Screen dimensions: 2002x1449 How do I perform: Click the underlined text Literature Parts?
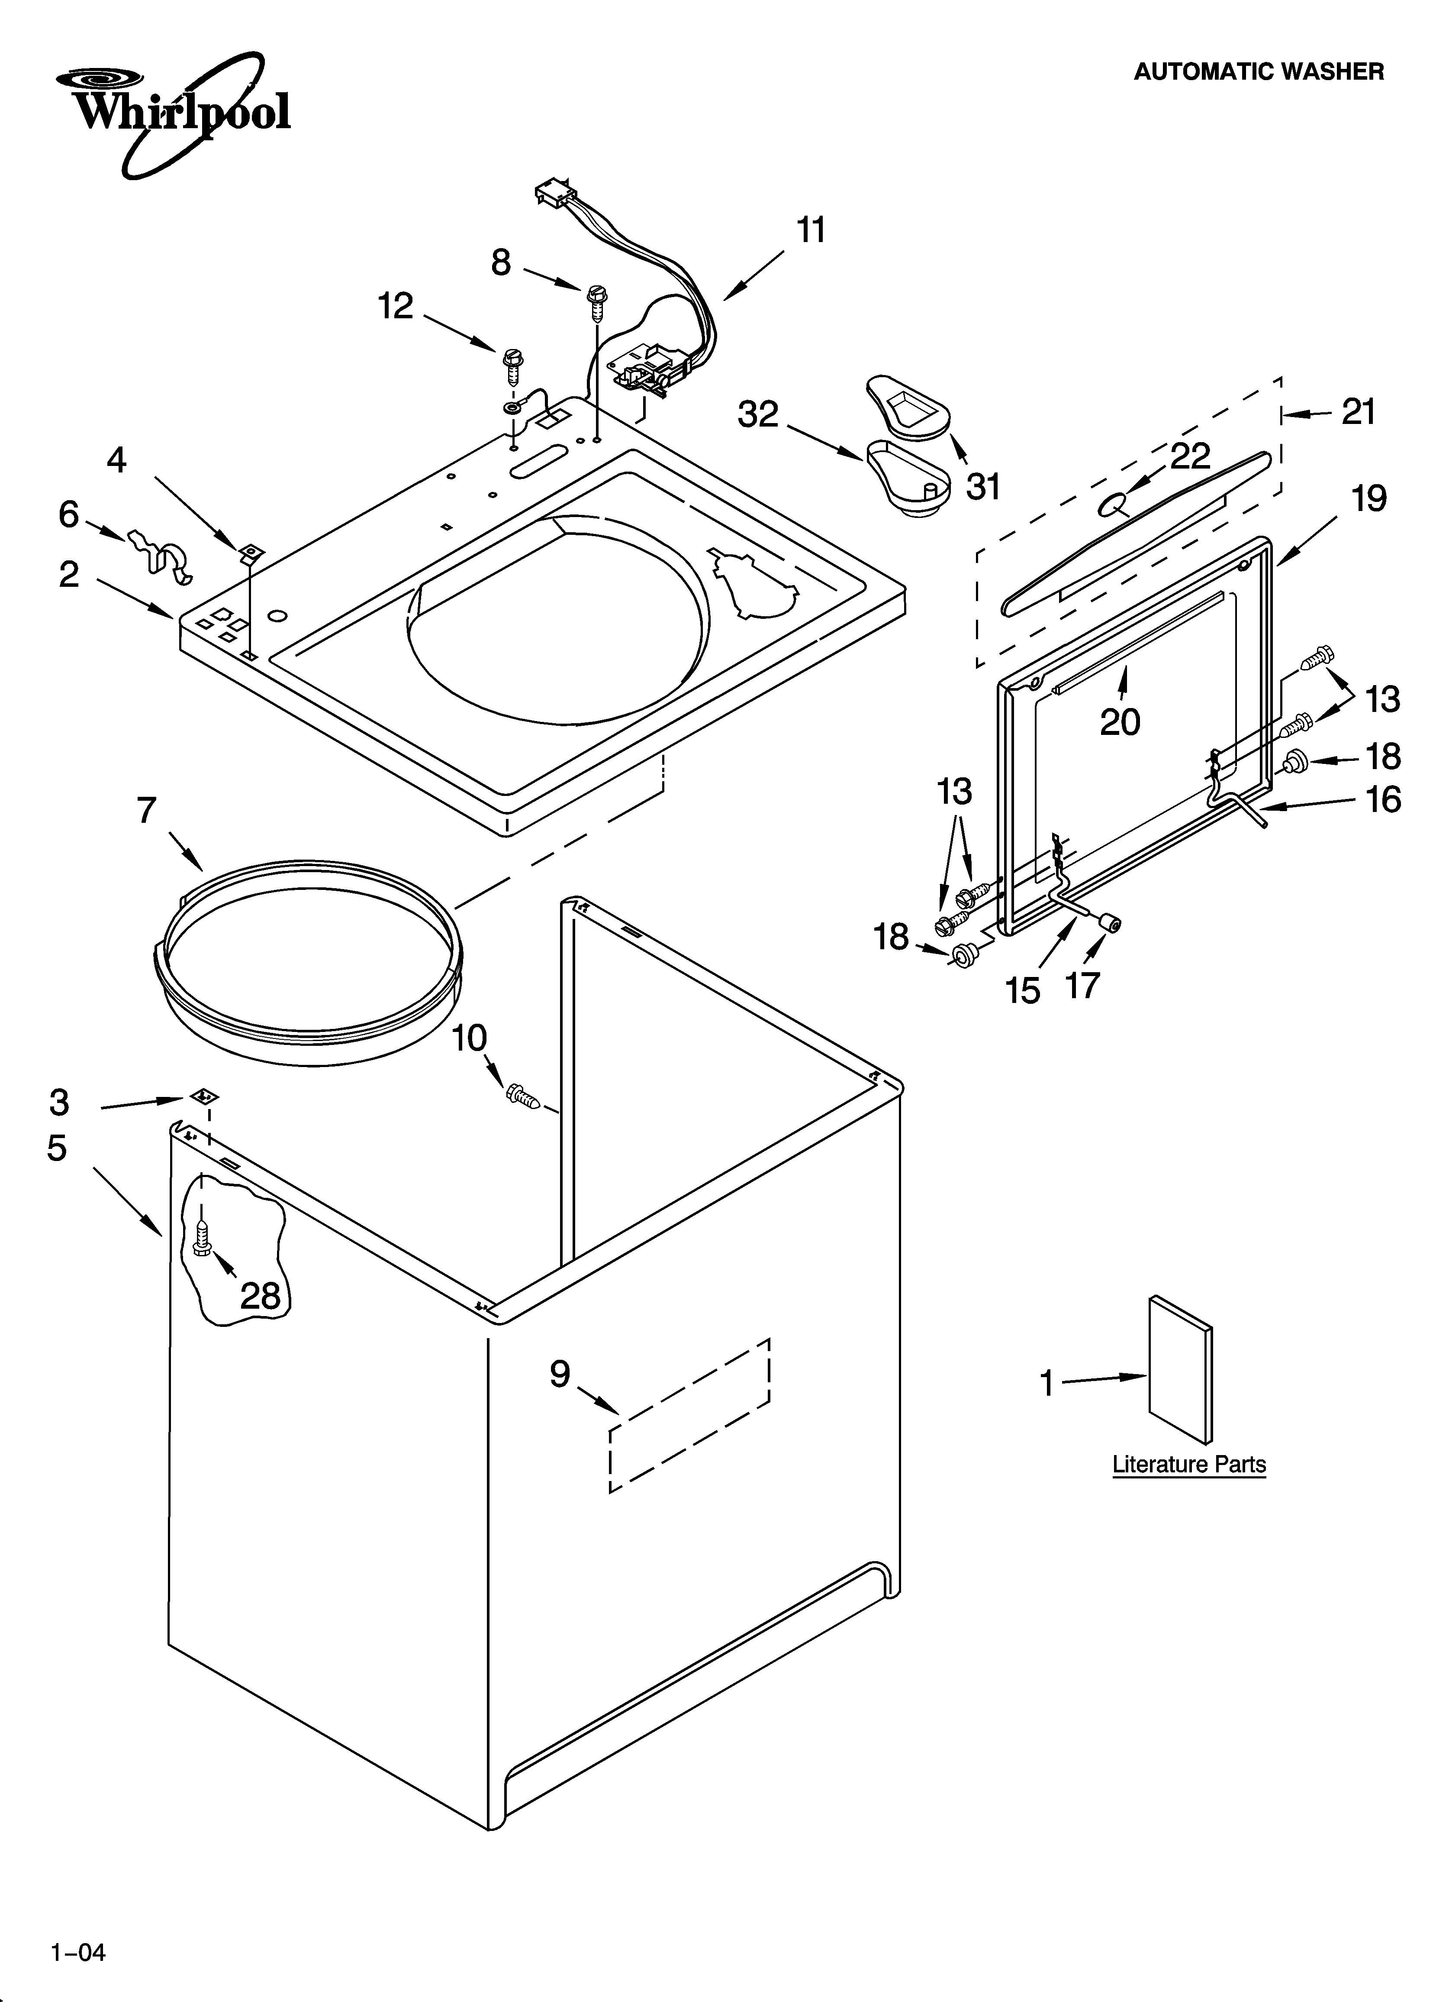coord(1189,1465)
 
